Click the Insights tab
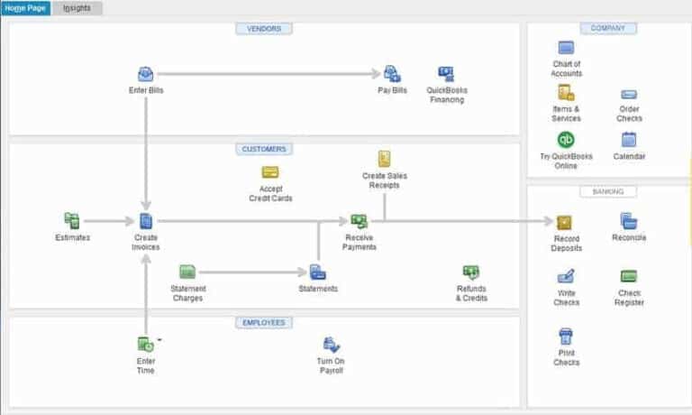(77, 8)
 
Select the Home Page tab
(25, 8)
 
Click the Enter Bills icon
(145, 74)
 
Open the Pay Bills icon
(392, 74)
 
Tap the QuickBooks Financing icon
(446, 74)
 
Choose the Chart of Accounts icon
(566, 48)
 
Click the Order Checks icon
(629, 94)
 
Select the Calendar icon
(629, 140)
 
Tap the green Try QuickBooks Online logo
(566, 140)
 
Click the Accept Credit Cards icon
(270, 171)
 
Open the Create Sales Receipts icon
(385, 159)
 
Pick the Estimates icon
(72, 220)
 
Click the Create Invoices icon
(146, 221)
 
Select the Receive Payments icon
(359, 221)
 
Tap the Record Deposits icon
(565, 222)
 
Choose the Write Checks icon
(566, 276)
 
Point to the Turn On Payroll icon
(331, 344)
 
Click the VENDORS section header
(264, 29)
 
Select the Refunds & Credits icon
(470, 272)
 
